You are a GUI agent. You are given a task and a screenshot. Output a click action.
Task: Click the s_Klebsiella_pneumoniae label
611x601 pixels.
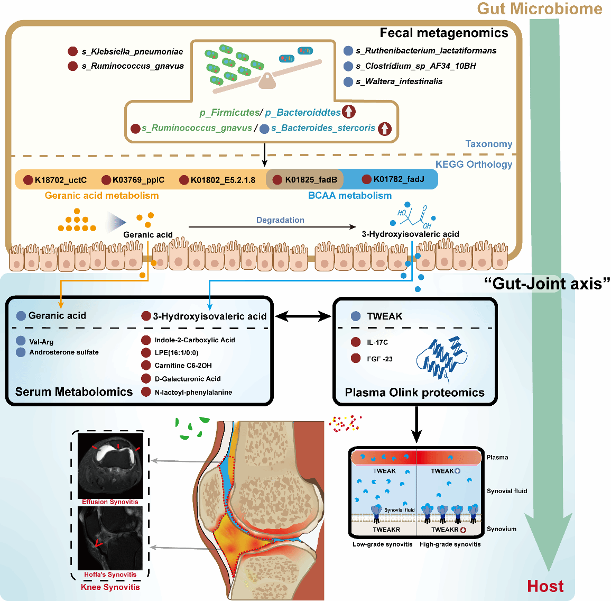(132, 51)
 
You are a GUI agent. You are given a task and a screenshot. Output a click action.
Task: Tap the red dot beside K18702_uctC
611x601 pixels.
(29, 180)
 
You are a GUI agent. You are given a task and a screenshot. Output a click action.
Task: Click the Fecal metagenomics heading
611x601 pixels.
(444, 33)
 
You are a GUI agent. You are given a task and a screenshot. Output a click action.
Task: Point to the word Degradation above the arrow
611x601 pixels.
(280, 220)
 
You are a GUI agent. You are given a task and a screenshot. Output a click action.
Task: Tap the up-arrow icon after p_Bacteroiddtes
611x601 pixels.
(349, 112)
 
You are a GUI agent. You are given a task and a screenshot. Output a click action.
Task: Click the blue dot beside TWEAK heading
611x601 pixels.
(356, 316)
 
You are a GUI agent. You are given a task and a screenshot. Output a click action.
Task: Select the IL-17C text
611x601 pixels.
(377, 342)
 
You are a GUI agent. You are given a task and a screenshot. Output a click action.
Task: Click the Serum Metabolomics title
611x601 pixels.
(74, 391)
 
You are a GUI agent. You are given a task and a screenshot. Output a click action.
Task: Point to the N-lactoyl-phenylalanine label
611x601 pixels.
(193, 392)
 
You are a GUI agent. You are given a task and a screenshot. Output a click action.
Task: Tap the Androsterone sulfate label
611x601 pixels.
(64, 352)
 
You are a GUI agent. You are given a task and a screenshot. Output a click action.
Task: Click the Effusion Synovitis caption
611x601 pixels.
(110, 502)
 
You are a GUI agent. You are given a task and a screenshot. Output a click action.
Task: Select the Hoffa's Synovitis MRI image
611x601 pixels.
(110, 538)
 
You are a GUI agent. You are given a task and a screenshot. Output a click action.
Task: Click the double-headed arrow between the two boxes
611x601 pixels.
(303, 316)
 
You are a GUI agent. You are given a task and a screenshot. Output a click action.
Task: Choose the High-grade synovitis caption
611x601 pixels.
(450, 544)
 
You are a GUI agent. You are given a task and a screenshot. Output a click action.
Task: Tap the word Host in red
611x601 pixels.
(545, 586)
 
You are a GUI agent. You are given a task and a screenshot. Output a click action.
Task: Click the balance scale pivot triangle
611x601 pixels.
(267, 81)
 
